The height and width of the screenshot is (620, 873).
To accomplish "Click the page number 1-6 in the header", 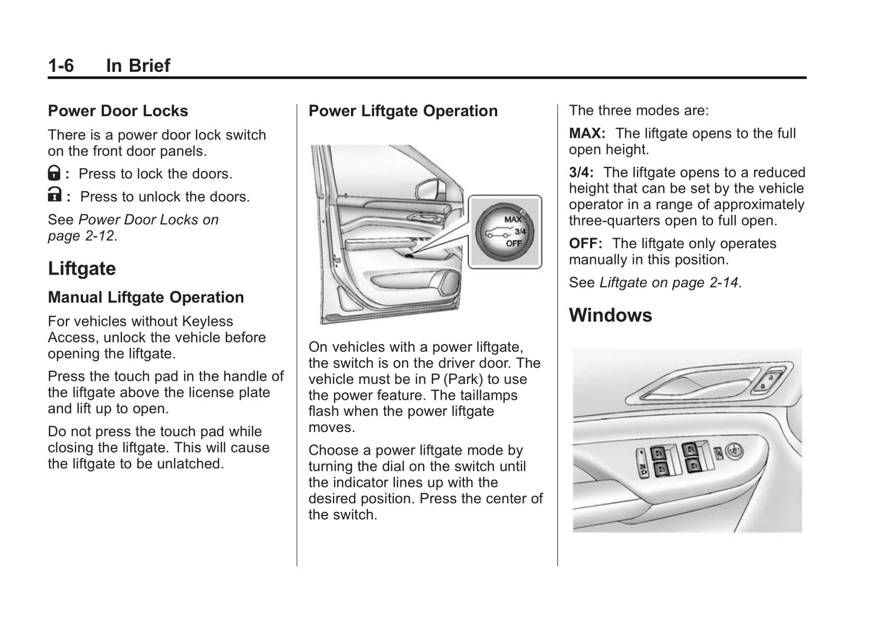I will coord(61,65).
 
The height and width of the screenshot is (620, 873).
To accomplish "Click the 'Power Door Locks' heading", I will coord(118,111).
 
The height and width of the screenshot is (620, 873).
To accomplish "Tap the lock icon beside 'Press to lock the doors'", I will coord(54,173).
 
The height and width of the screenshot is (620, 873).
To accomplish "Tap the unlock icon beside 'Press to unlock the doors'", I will coord(54,195).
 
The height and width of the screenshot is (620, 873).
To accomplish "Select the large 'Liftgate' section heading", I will coord(82,269).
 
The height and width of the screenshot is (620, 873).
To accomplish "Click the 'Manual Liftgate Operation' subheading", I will coord(146,297).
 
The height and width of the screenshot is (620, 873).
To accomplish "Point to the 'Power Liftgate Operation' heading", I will coord(403,111).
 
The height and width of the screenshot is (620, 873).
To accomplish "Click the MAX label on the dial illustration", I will coord(512,219).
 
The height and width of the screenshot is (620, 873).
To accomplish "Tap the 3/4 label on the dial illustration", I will coord(520,231).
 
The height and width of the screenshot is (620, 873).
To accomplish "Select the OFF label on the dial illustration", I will coord(514,243).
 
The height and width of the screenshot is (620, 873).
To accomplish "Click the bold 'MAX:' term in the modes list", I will coord(587,134).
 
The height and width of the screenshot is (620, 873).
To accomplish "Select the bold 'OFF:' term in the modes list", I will coord(585,244).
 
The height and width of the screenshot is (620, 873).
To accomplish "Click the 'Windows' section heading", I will coord(610,315).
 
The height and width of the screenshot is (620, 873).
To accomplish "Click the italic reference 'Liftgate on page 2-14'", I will coord(668,283).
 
